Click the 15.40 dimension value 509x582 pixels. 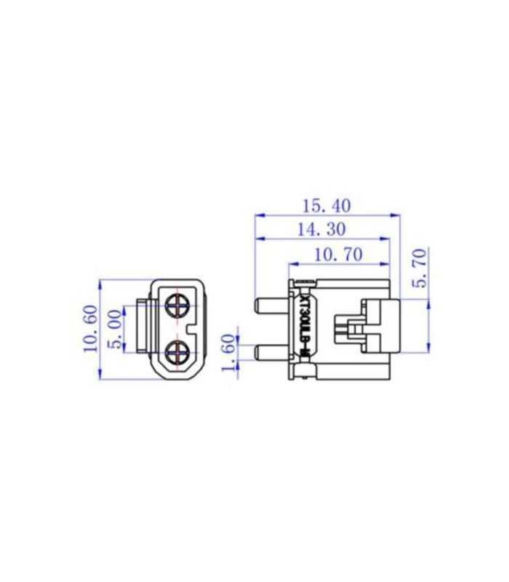[x=326, y=206]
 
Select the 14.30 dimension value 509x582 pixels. [x=321, y=229]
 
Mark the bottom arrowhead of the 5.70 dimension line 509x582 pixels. [x=430, y=348]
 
